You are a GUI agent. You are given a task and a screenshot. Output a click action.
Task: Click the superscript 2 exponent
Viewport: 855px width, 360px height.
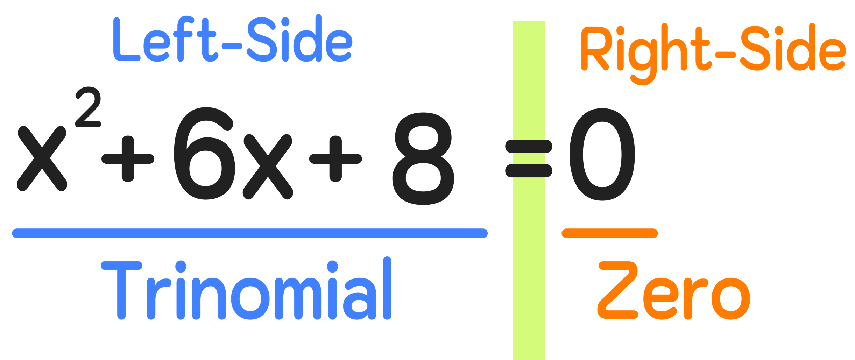coord(88,107)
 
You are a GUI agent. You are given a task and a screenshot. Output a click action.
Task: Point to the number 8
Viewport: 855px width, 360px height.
coord(423,158)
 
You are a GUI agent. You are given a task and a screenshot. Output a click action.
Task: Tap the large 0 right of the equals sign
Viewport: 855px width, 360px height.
coord(602,154)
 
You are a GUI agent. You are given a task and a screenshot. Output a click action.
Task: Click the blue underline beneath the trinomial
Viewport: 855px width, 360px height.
coord(250,233)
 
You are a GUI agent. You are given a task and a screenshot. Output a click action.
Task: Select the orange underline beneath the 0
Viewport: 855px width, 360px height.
coord(610,233)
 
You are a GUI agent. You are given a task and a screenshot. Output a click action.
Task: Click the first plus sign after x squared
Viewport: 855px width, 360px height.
coord(128,158)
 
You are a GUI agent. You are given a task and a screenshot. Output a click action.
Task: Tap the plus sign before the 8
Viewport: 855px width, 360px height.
coord(335,158)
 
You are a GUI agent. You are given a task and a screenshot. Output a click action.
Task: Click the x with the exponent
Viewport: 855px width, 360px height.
coord(42,158)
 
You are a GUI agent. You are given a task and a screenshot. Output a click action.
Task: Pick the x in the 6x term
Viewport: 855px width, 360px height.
coord(268,166)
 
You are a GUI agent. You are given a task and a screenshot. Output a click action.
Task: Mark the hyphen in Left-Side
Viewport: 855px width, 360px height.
coord(232,46)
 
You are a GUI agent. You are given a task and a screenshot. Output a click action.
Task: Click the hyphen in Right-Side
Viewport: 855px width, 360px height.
coord(725,54)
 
